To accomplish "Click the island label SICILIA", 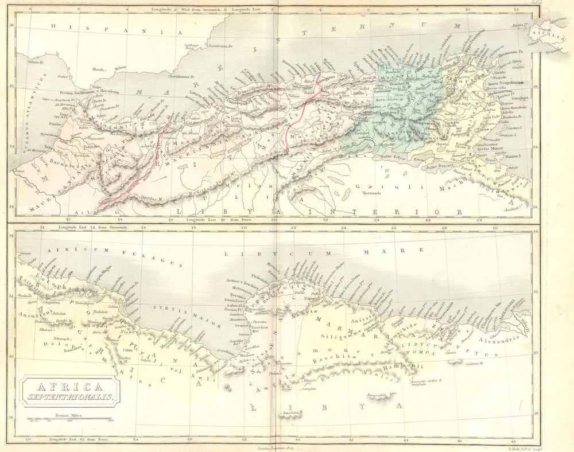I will pos(550,33).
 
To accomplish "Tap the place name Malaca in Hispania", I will pos(119,68).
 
